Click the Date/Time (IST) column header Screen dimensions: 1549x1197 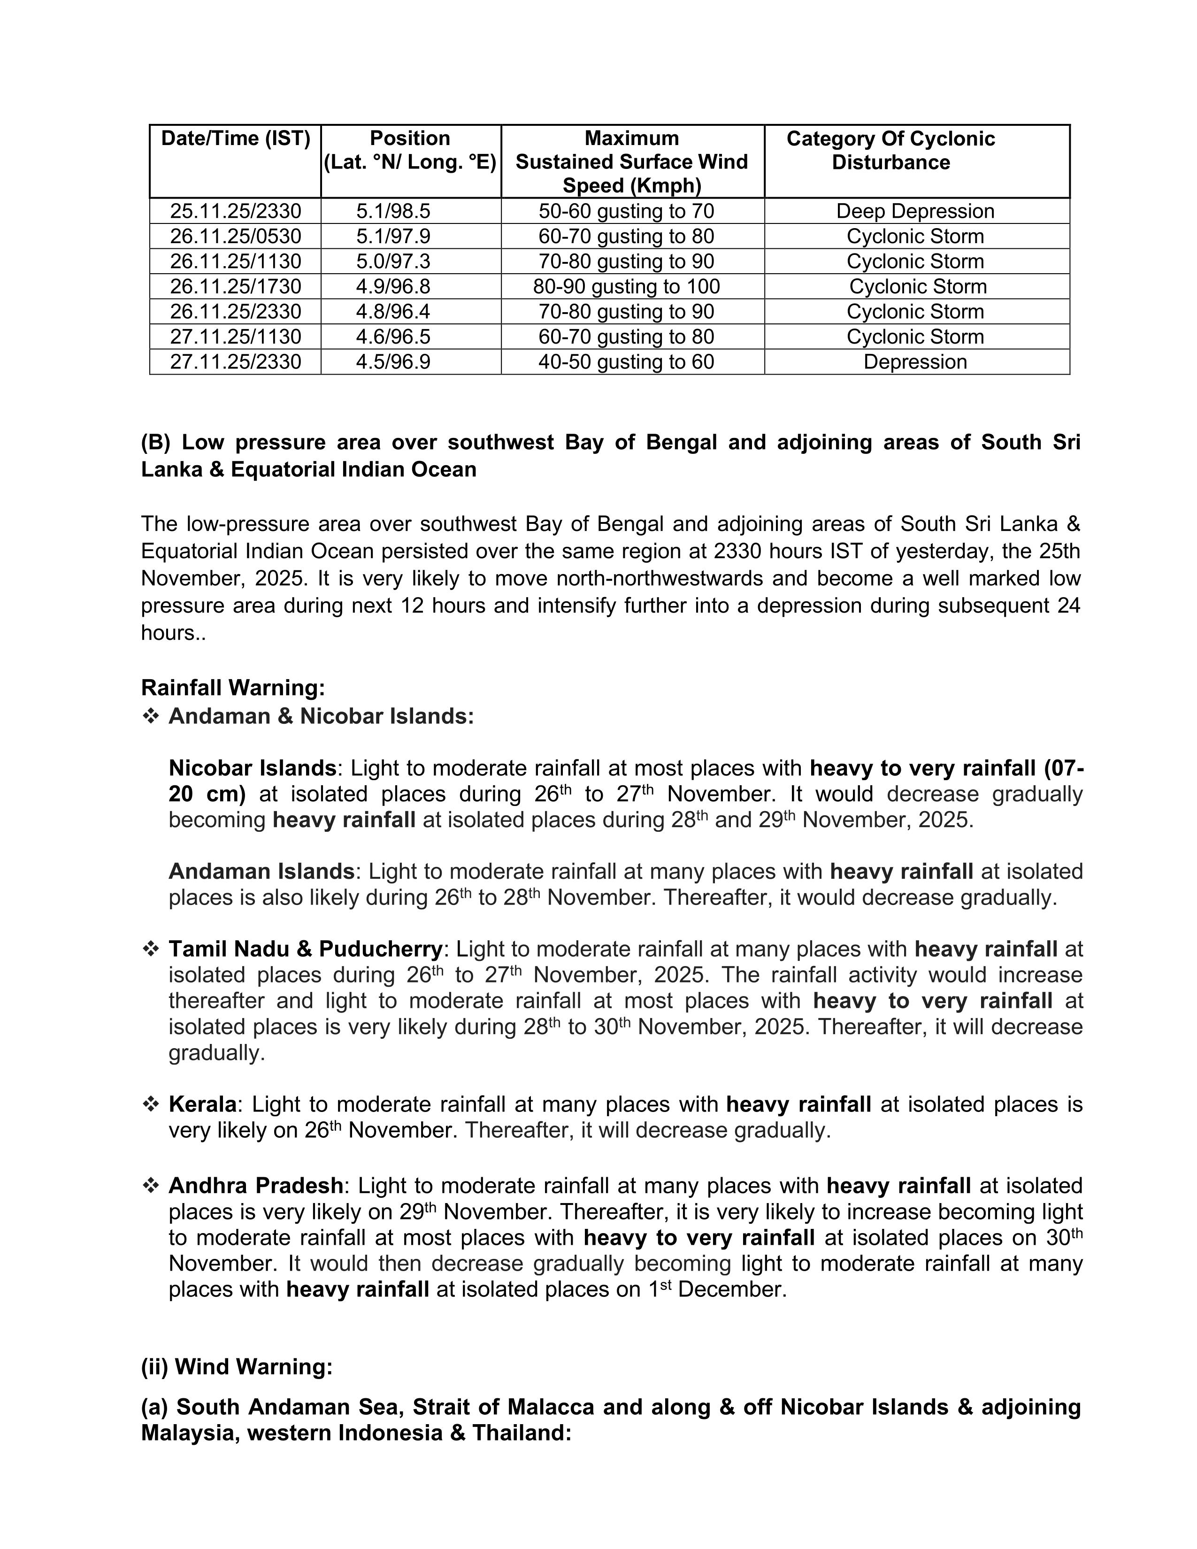236,138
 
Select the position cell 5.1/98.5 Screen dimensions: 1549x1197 393,211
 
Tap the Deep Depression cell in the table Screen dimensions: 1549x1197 915,211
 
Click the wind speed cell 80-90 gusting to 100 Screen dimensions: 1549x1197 626,286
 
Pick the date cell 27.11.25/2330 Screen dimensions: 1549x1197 236,362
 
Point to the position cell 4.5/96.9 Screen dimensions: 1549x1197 393,362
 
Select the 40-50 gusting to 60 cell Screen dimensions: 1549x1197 626,362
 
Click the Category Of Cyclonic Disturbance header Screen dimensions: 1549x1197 890,150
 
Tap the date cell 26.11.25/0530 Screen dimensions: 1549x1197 236,236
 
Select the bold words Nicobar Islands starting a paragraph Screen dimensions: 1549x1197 252,768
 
